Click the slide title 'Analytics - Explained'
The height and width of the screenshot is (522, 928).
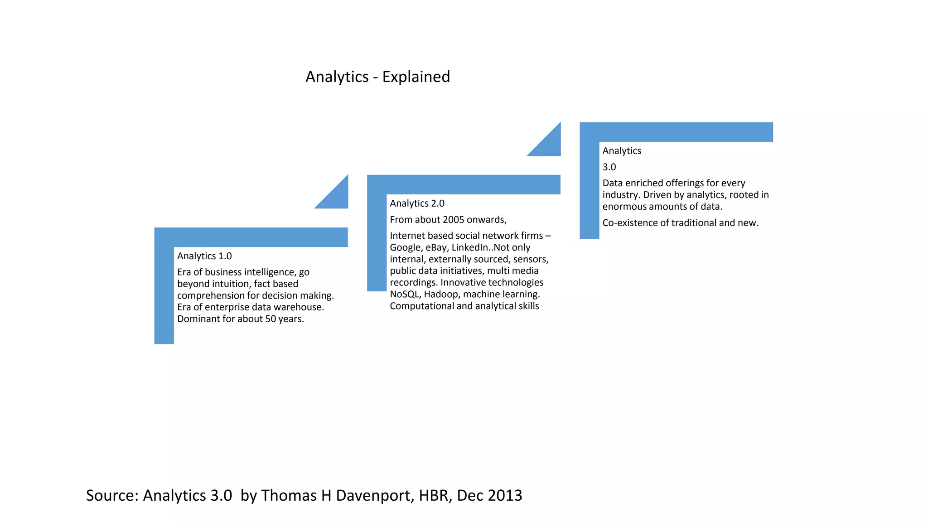377,77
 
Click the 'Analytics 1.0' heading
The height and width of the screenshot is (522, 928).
204,256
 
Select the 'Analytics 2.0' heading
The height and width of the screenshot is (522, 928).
417,203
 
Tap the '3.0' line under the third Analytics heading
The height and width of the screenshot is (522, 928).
609,167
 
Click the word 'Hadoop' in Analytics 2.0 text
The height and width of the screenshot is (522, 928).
441,294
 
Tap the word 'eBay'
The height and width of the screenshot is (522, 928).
435,247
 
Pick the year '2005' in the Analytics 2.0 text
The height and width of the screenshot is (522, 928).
454,220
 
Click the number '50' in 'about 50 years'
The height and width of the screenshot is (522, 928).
271,319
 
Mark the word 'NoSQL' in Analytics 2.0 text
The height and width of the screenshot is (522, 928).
404,294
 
